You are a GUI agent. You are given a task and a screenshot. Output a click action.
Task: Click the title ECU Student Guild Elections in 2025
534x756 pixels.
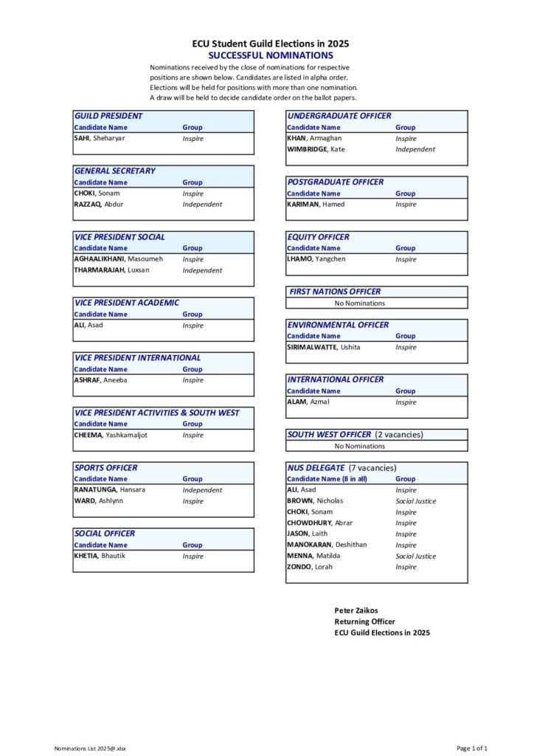270,44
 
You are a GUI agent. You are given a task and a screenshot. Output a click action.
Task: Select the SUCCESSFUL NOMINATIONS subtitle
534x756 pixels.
270,55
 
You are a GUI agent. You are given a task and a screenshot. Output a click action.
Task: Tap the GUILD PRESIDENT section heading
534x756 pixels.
108,116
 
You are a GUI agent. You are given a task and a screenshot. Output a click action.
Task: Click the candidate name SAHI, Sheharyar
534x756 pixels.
100,138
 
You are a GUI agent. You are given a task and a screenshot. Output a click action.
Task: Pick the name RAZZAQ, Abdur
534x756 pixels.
99,205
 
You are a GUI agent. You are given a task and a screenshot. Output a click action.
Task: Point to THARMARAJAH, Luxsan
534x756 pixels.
111,270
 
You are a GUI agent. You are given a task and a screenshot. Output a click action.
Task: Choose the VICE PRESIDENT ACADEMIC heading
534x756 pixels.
127,303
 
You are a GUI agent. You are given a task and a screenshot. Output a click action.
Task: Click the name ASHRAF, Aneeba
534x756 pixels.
101,380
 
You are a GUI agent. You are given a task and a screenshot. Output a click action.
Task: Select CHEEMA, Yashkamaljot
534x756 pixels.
111,435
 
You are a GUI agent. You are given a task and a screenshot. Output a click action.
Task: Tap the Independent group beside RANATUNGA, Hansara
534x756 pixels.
202,490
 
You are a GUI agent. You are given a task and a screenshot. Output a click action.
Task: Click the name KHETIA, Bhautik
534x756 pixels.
100,556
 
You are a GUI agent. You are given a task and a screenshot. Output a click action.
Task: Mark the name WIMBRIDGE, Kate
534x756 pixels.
316,149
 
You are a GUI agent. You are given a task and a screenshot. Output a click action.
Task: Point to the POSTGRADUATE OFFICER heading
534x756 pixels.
336,182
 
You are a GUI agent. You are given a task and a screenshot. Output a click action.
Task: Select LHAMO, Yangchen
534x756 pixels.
316,259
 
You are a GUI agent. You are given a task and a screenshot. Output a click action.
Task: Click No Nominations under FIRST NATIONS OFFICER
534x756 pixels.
360,303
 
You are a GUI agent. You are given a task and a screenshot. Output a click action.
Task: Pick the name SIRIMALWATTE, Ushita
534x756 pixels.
324,347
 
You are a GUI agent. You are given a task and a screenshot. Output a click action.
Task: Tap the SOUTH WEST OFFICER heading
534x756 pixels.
329,435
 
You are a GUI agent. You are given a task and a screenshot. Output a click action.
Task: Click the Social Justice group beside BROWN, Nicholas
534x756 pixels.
415,501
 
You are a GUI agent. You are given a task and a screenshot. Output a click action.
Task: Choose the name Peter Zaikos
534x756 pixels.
356,611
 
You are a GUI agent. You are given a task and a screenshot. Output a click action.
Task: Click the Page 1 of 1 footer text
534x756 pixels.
472,749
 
